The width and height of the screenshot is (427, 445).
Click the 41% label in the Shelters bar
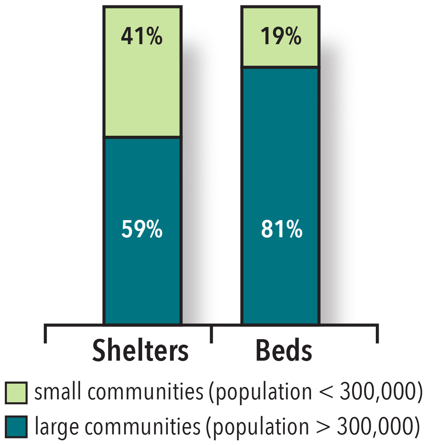pos(142,37)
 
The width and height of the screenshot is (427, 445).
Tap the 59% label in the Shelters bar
pos(142,229)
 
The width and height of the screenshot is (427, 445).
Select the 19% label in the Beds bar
pos(281,37)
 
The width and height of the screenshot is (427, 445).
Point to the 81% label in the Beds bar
pos(281,229)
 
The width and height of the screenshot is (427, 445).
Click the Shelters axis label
pos(140,351)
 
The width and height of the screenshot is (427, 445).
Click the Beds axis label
pos(284,351)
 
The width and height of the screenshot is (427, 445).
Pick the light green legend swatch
pos(16,393)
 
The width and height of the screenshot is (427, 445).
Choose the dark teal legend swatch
pos(16,427)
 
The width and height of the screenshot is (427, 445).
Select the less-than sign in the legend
pos(326,393)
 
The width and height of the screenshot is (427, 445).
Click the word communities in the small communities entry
pos(145,392)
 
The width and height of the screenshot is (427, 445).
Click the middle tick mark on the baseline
pos(212,334)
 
